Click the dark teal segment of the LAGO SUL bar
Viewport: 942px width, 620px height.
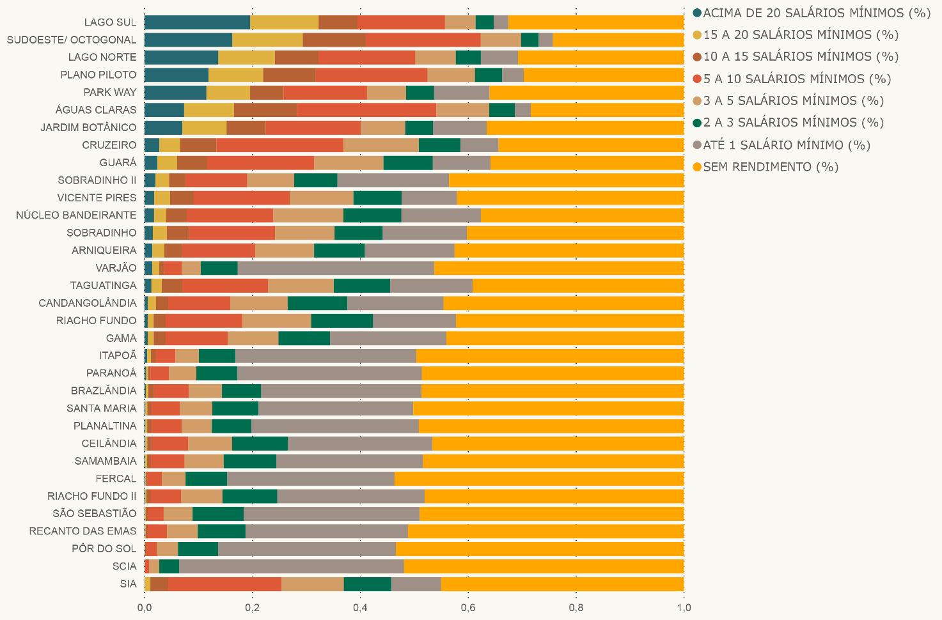pyautogui.click(x=197, y=22)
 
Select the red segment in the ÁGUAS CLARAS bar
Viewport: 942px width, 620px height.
pyautogui.click(x=366, y=110)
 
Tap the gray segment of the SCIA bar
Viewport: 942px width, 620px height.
pyautogui.click(x=292, y=566)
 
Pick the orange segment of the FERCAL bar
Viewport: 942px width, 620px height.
pyautogui.click(x=539, y=478)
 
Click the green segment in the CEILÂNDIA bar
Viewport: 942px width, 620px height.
pyautogui.click(x=260, y=444)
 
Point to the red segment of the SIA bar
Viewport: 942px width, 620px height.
pyautogui.click(x=224, y=584)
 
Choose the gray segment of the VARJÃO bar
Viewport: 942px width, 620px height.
pyautogui.click(x=336, y=268)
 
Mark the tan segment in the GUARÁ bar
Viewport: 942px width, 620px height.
pyautogui.click(x=349, y=163)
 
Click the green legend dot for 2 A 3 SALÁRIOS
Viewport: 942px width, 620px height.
pyautogui.click(x=697, y=123)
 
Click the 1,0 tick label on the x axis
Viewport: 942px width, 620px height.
pyautogui.click(x=684, y=607)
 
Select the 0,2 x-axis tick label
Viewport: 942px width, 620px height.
pyautogui.click(x=252, y=607)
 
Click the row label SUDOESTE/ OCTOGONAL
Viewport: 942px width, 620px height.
pyautogui.click(x=72, y=40)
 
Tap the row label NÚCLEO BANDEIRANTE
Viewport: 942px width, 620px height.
pyautogui.click(x=76, y=215)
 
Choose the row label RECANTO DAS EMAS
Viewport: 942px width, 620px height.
pyautogui.click(x=82, y=531)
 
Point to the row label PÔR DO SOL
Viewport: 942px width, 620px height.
pyautogui.click(x=104, y=548)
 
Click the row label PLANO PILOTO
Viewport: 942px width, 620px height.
pyautogui.click(x=98, y=75)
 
